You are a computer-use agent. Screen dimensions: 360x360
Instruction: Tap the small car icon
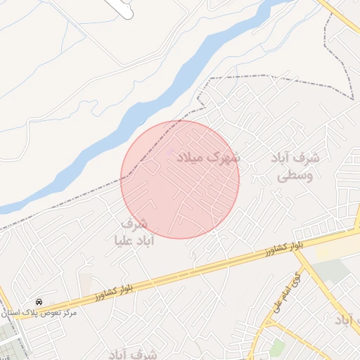pos(37,300)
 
